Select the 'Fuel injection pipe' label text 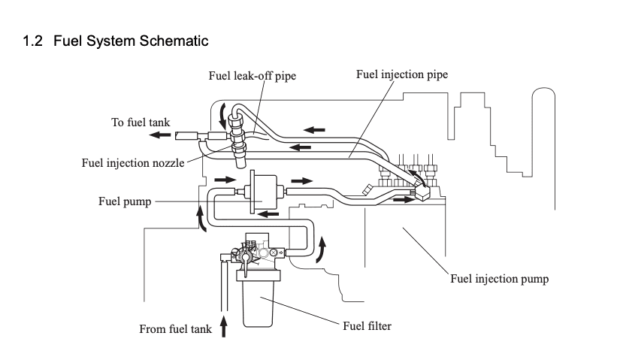click(402, 74)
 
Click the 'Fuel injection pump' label click(499, 279)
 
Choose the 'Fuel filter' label click(367, 325)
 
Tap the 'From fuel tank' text click(175, 329)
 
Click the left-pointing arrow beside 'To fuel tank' click(159, 135)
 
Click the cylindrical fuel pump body click(259, 191)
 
